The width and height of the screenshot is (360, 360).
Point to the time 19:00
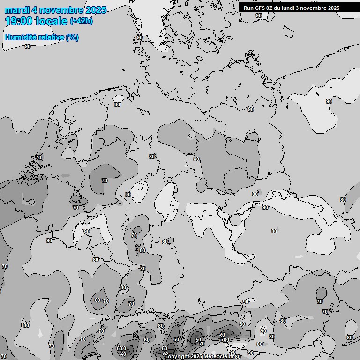coord(18,21)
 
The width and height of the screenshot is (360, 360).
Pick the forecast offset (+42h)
coord(82,21)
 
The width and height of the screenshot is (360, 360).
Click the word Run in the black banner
coord(248,8)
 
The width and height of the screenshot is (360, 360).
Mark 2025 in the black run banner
coord(334,8)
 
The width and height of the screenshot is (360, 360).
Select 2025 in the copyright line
coord(196,356)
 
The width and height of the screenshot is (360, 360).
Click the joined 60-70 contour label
coord(101,300)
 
